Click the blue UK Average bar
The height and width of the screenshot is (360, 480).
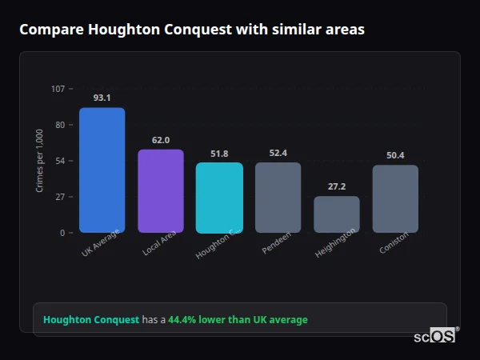[102, 170]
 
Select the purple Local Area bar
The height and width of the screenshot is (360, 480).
[161, 190]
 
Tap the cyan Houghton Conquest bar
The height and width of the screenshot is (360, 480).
[219, 198]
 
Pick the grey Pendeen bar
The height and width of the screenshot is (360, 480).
[278, 197]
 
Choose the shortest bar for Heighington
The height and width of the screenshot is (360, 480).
[336, 214]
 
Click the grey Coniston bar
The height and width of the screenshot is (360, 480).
[395, 198]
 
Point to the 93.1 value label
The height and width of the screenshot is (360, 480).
[102, 98]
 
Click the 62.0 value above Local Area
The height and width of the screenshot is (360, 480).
[161, 140]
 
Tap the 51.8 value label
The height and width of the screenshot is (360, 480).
[219, 154]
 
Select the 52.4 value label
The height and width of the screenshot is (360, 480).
[278, 153]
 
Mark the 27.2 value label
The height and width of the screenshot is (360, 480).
[336, 186]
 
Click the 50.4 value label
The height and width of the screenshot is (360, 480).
[395, 155]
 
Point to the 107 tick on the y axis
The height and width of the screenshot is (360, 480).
[58, 89]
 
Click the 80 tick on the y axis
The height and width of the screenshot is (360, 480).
[59, 125]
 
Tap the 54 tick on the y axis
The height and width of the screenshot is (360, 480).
[59, 161]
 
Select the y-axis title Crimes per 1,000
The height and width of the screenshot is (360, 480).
[40, 160]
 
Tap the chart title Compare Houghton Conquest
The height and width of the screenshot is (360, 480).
[191, 30]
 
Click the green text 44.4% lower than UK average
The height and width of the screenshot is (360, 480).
[238, 320]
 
